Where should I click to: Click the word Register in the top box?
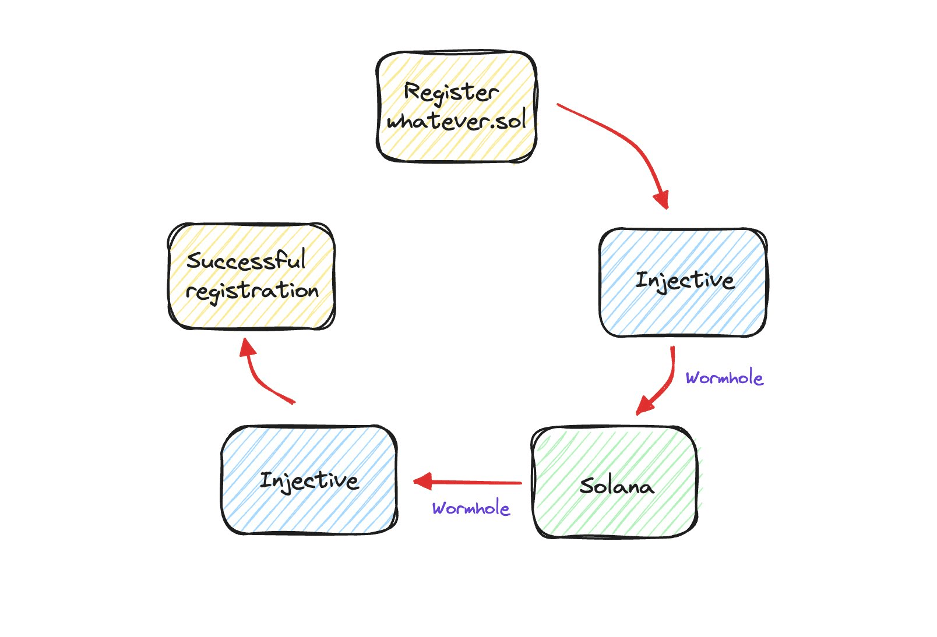[450, 93]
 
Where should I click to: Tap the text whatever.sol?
[456, 121]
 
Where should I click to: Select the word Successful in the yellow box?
[246, 260]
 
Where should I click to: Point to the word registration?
[252, 291]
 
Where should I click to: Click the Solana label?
[617, 486]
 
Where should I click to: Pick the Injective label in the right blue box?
[685, 281]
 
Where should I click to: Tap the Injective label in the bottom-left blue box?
[309, 481]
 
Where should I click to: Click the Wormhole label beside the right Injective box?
[724, 378]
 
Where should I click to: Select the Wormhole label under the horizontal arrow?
[471, 508]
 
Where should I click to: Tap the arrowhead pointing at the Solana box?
[643, 406]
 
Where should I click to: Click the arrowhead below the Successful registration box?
[249, 348]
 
